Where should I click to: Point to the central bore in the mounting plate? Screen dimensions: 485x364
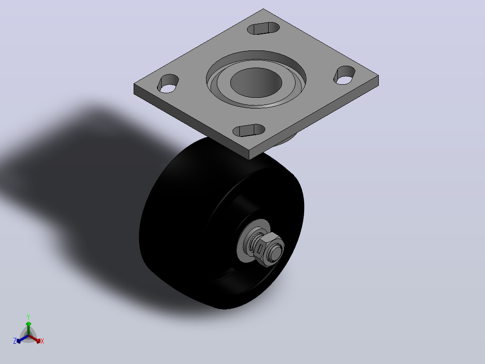256,82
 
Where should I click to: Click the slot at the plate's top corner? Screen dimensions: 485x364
263,28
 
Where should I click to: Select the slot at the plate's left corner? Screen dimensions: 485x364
168,84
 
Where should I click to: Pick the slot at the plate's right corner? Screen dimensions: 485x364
344,75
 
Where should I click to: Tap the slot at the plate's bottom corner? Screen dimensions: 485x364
249,131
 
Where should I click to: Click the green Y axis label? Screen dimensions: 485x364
28,317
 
